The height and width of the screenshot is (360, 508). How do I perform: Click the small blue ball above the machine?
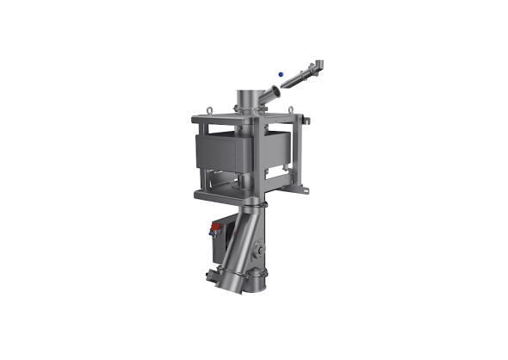tap(279, 74)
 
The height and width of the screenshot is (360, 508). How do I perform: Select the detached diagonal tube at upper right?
tap(300, 76)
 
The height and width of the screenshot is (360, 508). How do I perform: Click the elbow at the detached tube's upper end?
tap(319, 62)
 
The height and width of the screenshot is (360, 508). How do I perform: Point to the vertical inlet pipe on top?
tap(249, 101)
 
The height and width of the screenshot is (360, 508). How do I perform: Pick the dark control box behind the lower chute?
tap(226, 242)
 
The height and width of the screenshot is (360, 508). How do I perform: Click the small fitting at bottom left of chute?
tap(209, 276)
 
